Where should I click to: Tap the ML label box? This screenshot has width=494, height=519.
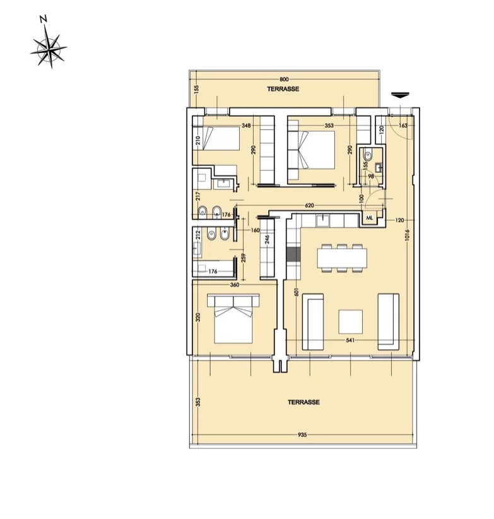click(x=369, y=219)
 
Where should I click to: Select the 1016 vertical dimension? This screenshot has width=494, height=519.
click(x=408, y=235)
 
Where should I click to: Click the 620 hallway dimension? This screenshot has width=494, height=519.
click(x=309, y=206)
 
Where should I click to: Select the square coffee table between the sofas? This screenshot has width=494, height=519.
click(x=351, y=321)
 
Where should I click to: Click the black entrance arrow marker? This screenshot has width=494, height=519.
click(x=399, y=95)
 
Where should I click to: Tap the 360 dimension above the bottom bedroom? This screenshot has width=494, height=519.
click(x=234, y=284)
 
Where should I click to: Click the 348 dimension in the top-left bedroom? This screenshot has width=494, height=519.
click(x=246, y=125)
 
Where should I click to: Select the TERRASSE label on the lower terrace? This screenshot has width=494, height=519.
click(x=303, y=402)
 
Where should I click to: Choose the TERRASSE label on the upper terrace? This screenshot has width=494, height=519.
click(x=283, y=90)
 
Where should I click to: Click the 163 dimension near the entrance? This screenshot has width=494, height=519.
click(x=404, y=125)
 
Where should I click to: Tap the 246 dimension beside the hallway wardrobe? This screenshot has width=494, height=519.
click(x=267, y=240)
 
